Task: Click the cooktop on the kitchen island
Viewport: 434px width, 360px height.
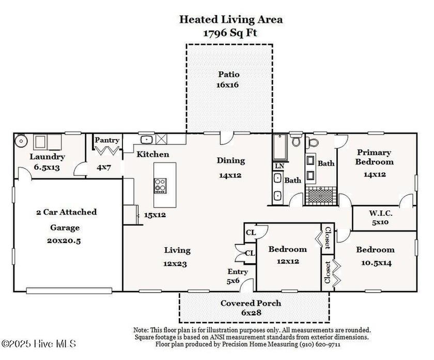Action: tap(161, 186)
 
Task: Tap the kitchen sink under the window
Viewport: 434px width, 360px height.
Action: tap(147, 140)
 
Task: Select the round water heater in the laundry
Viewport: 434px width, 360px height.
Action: tap(21, 141)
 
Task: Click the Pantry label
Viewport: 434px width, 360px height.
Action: tap(107, 140)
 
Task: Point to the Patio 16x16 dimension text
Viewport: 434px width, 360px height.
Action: tap(227, 85)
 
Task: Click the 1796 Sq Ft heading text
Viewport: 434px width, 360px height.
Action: tap(230, 33)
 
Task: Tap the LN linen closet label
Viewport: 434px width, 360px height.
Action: tap(280, 166)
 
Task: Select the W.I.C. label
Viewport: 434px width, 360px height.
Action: tap(380, 214)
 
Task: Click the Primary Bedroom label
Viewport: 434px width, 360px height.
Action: tap(374, 157)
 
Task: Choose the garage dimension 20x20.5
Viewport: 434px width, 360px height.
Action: tap(64, 241)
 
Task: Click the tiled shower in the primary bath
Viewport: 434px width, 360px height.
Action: tap(321, 196)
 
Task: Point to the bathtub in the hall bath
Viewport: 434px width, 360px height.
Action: tap(280, 148)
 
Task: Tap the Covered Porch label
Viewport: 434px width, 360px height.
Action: tap(251, 303)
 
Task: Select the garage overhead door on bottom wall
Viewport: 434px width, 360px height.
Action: tap(69, 291)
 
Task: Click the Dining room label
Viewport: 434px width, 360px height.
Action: tap(231, 161)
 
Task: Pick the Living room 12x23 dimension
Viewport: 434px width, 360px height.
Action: tap(175, 264)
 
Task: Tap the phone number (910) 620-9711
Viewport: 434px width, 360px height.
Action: tap(320, 344)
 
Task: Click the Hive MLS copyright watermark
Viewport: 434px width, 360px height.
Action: tap(38, 344)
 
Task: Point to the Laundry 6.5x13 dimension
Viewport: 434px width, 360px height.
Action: tap(47, 168)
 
